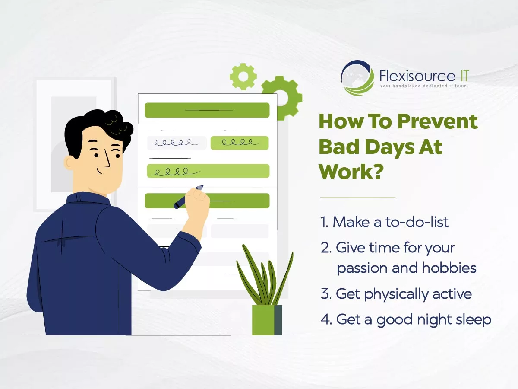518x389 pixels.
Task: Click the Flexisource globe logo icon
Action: tap(357, 78)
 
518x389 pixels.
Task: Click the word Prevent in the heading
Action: tap(437, 121)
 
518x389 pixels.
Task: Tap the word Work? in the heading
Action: tap(351, 172)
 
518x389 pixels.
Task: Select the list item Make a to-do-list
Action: tap(385, 222)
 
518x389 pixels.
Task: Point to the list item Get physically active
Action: tap(396, 294)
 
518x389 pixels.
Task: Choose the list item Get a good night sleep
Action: tap(406, 320)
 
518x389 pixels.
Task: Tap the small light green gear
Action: tap(243, 77)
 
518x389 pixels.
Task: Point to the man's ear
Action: tap(69, 163)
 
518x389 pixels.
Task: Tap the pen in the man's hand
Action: tap(188, 197)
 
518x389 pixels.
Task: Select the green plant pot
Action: tap(267, 320)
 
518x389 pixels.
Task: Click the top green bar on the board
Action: tap(207, 110)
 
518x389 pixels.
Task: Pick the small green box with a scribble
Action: tap(240, 143)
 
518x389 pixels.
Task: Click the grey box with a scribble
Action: tap(177, 143)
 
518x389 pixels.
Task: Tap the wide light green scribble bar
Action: tap(208, 171)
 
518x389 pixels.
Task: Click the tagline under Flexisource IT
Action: tap(424, 86)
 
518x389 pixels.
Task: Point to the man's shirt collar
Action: tap(88, 198)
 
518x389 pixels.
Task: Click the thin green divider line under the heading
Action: tap(357, 197)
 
